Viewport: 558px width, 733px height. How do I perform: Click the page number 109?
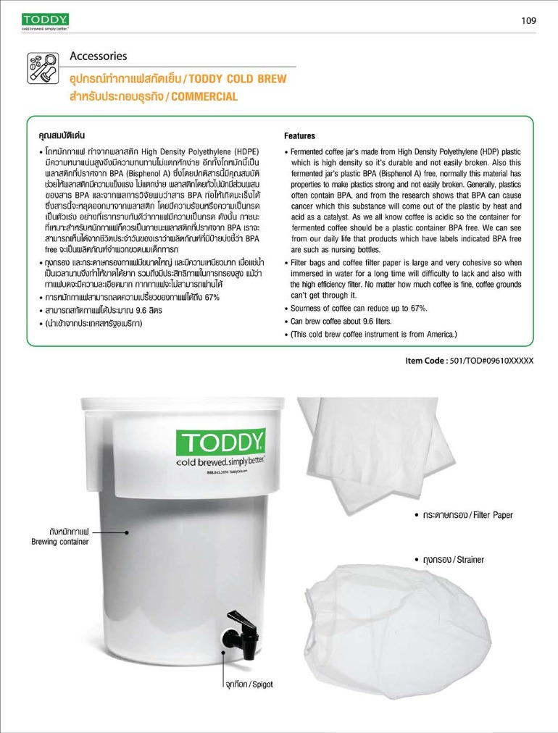click(528, 20)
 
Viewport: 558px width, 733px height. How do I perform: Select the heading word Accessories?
click(99, 56)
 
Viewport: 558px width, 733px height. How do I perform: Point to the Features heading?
click(299, 135)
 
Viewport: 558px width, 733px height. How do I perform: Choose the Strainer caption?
click(463, 560)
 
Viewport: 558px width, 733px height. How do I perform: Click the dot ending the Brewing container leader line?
click(126, 532)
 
